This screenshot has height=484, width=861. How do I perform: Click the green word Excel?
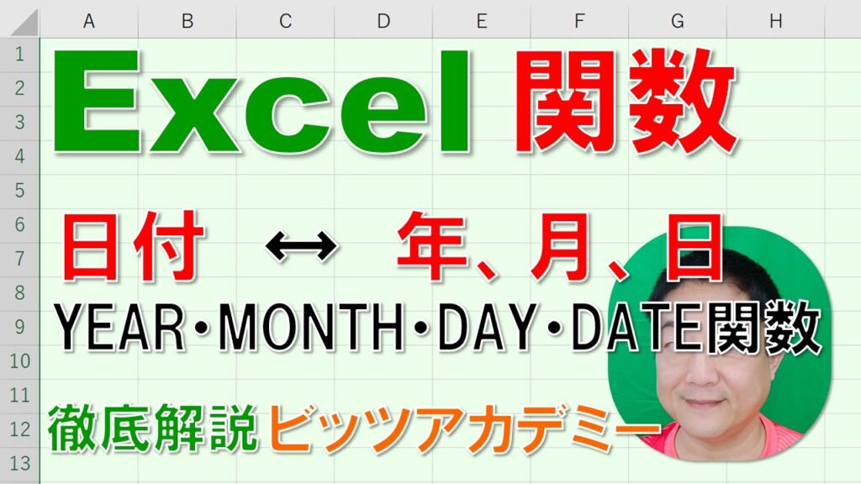coord(262,102)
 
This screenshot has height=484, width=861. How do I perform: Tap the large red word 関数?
coord(626,103)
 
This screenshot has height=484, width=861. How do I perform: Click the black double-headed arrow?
coord(301,246)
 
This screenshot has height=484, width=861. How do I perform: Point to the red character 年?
coord(433,246)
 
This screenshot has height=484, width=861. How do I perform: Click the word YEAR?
coord(120,329)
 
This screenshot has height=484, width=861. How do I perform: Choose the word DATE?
coord(638,329)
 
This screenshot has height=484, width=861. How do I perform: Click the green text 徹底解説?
coord(153,428)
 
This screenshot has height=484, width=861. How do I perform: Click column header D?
coord(383,21)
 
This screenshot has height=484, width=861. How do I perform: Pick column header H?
coord(775,21)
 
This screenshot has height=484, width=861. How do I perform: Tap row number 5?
coord(20,191)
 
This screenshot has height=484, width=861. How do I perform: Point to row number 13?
coord(20,463)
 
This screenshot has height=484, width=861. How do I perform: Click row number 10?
coord(20,361)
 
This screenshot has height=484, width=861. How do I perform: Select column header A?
coord(88,21)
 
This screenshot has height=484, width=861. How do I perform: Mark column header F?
coord(578,21)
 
